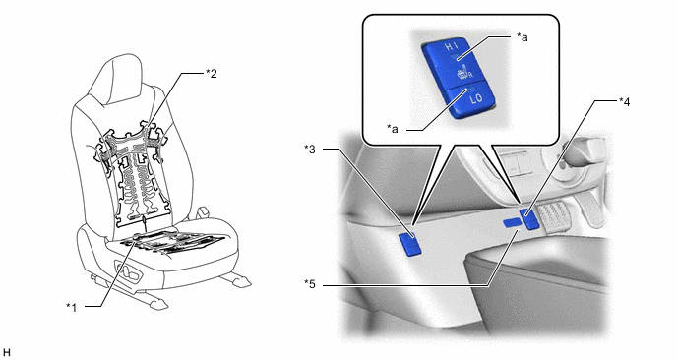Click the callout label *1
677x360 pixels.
tap(71, 307)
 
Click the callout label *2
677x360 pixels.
tap(211, 74)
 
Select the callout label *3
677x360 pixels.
tap(310, 150)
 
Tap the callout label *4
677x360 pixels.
tap(624, 102)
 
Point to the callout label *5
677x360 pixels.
tap(310, 285)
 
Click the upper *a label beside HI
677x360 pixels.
tap(522, 37)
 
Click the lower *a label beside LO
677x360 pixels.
tap(393, 129)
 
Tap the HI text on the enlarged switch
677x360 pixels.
tap(451, 47)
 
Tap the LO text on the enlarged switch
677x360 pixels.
tap(476, 98)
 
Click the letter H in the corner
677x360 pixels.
tap(6, 353)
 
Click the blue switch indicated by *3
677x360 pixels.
tap(411, 244)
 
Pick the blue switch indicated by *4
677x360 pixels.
tap(529, 218)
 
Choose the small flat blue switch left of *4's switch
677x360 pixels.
tap(512, 222)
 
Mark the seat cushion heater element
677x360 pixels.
tap(172, 242)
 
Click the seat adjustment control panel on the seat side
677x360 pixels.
tap(129, 271)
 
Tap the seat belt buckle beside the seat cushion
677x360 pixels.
tap(201, 214)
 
